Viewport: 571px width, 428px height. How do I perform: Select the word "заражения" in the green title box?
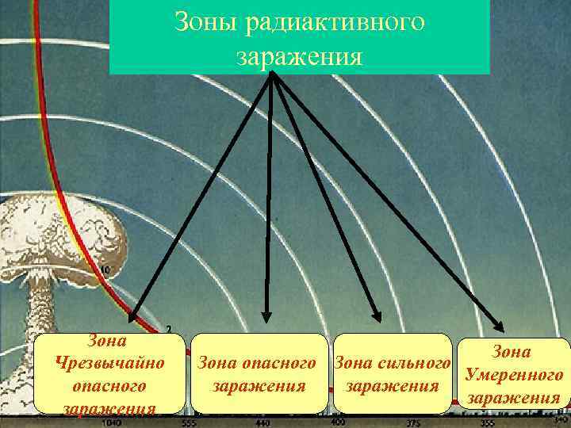click(x=299, y=57)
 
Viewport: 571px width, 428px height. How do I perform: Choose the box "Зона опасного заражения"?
click(x=260, y=374)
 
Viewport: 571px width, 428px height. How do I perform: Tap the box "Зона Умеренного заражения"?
click(x=514, y=374)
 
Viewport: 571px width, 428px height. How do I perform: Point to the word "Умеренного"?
click(x=514, y=374)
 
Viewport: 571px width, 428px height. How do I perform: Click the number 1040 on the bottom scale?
click(x=113, y=423)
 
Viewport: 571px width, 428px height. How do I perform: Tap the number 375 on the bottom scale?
click(x=412, y=423)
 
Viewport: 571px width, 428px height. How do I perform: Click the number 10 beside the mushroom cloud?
click(x=105, y=270)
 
